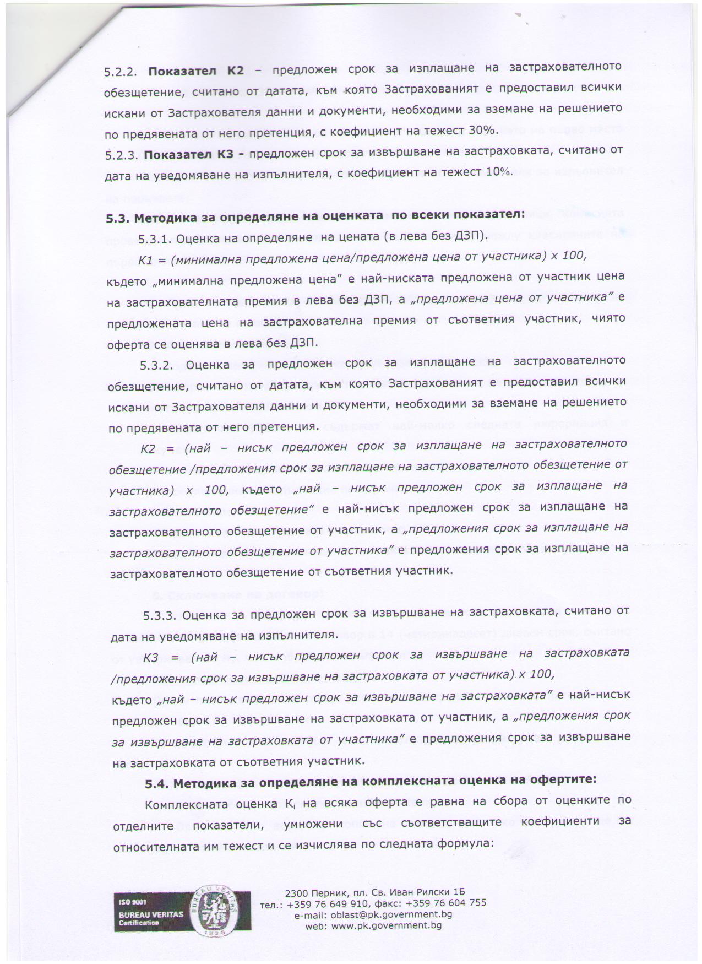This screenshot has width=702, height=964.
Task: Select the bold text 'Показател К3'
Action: [190, 154]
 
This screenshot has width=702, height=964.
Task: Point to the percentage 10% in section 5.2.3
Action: [498, 171]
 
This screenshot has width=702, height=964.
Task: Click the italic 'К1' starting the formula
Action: [145, 260]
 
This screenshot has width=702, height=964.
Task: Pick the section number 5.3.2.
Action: [157, 365]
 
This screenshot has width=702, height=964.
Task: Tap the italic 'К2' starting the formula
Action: [148, 448]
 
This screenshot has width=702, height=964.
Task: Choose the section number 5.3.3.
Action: [160, 616]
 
